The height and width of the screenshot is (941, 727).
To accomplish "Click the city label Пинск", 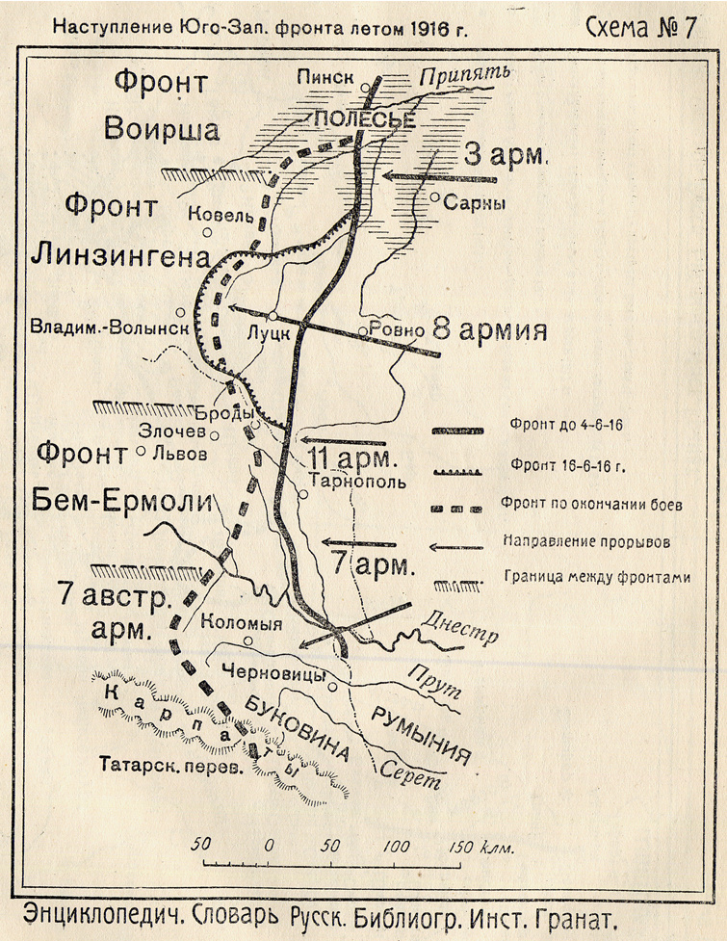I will point(326,77).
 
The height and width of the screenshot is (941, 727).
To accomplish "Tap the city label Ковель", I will point(221,215).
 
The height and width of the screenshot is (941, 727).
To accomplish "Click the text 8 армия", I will point(489,330).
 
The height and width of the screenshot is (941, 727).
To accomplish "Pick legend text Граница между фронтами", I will point(584,578).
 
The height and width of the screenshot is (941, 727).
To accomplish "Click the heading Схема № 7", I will point(640,28).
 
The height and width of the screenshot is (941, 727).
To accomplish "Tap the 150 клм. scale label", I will point(481,846).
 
